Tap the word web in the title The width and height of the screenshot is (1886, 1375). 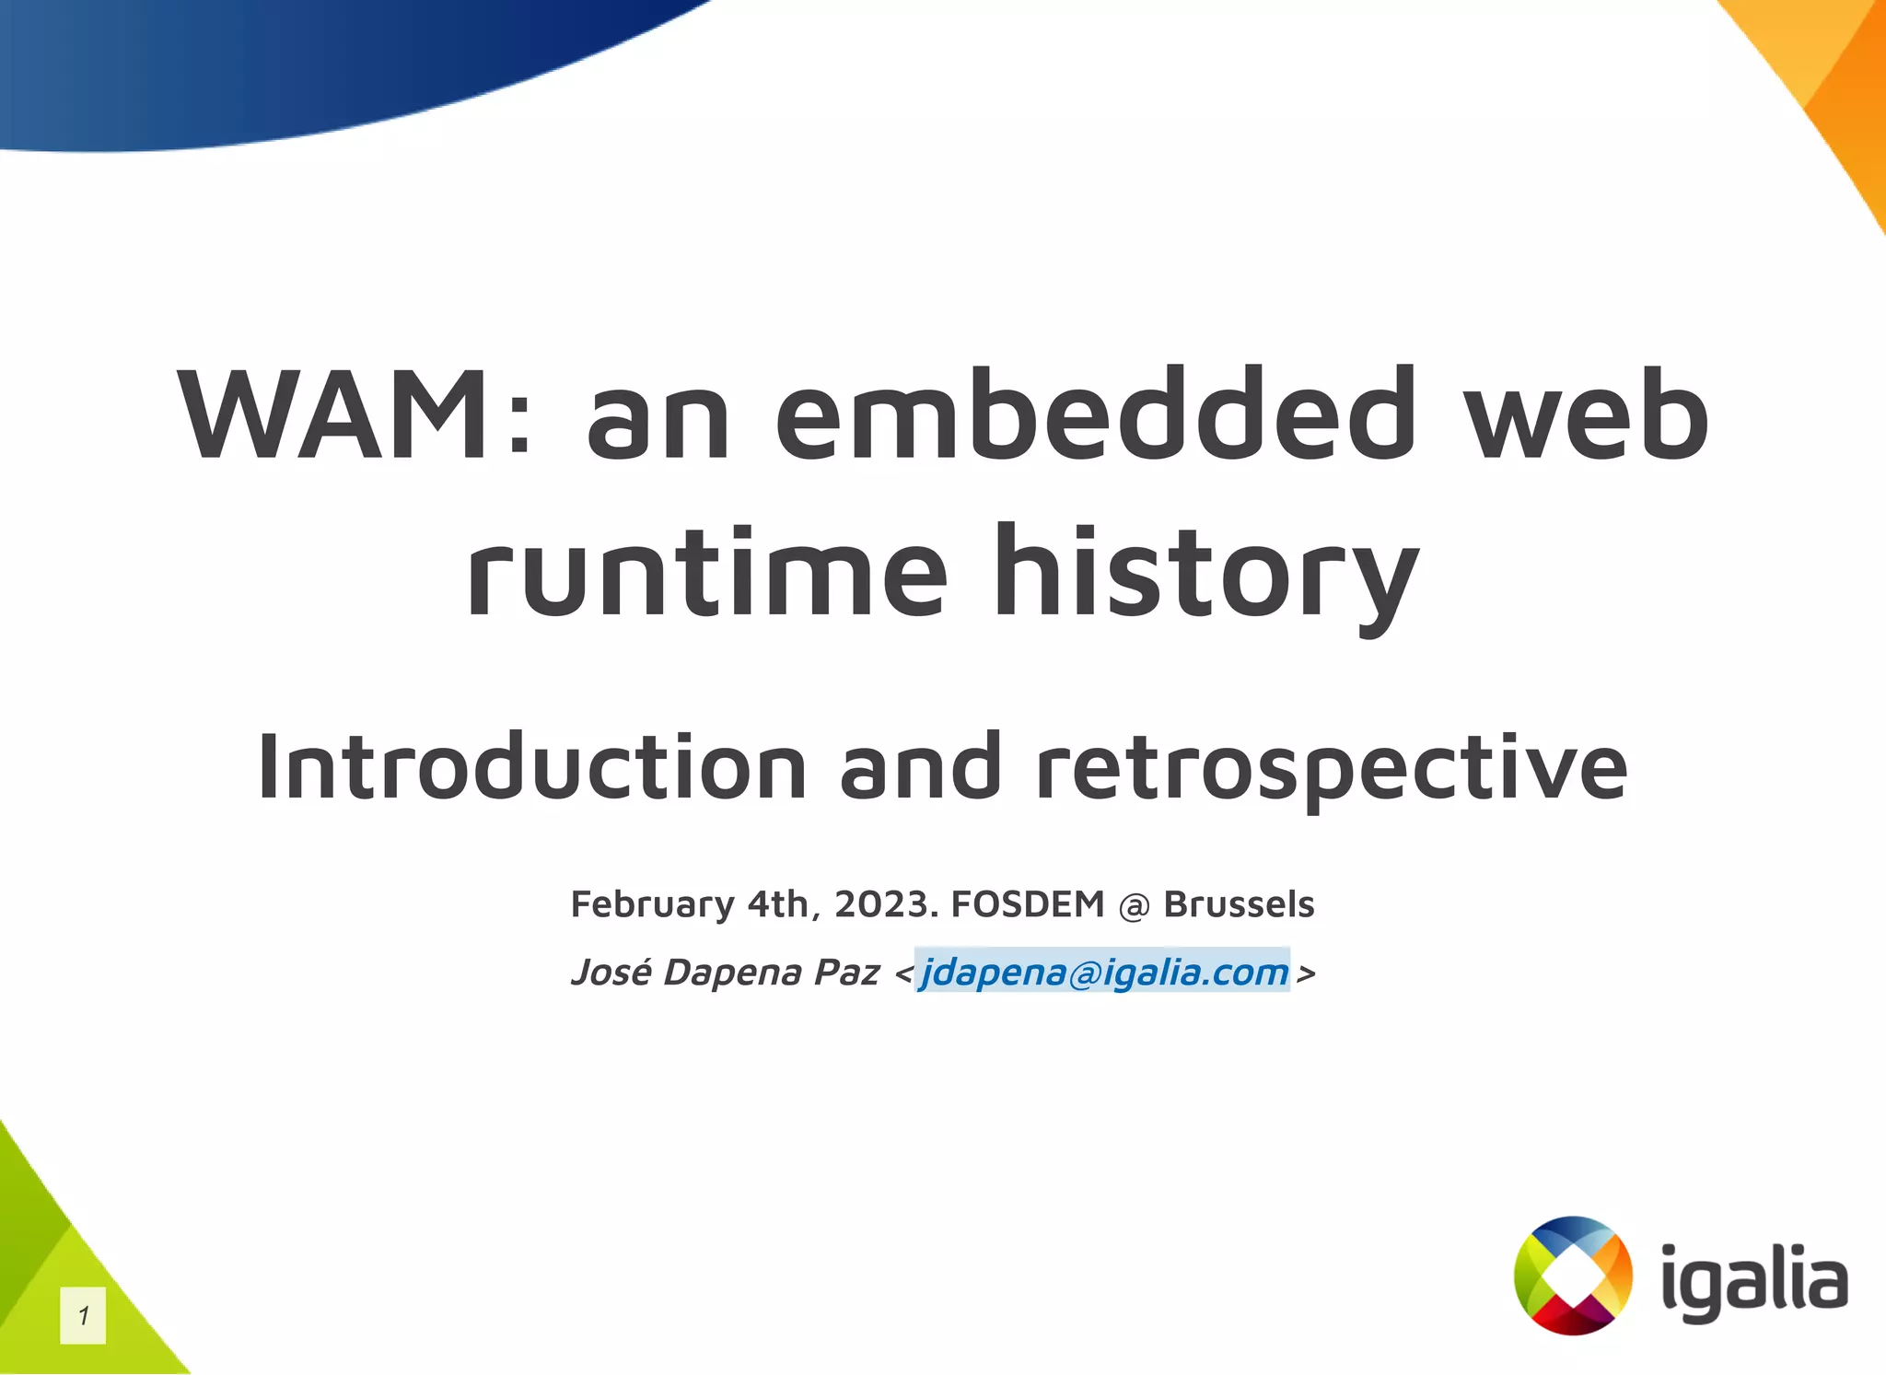coord(1586,416)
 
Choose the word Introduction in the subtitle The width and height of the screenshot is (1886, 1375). coord(531,767)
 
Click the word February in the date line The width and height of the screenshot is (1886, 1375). coord(652,904)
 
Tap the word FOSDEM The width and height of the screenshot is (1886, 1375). coord(1027,904)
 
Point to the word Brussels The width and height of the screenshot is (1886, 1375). coord(1239,904)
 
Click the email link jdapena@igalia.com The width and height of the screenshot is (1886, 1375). coord(1103,973)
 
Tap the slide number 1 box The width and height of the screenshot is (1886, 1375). coord(83,1316)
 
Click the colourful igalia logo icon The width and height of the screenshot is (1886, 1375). coord(1573,1276)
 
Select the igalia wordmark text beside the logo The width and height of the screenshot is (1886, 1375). coord(1753,1283)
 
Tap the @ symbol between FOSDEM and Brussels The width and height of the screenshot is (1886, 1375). coord(1134,906)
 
